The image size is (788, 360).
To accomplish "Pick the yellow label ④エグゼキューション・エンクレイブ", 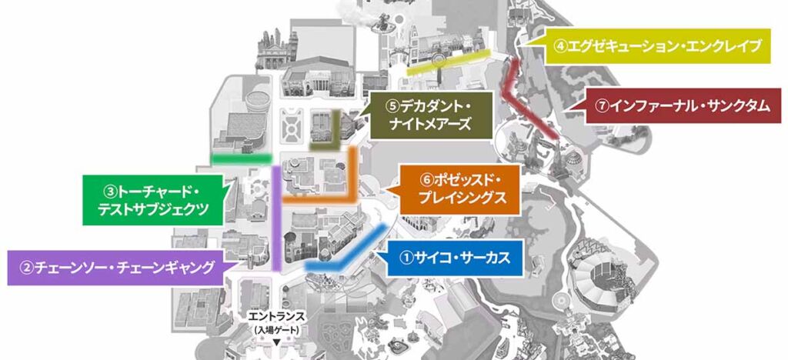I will (x=658, y=46).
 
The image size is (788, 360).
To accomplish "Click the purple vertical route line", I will (x=275, y=223).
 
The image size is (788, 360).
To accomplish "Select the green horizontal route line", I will (x=241, y=157).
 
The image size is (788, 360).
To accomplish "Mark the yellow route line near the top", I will (x=446, y=61).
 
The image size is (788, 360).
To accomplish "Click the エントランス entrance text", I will (x=277, y=317).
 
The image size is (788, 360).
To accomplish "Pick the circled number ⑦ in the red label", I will (x=602, y=107).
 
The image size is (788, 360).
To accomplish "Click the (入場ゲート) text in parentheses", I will (x=277, y=328).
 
